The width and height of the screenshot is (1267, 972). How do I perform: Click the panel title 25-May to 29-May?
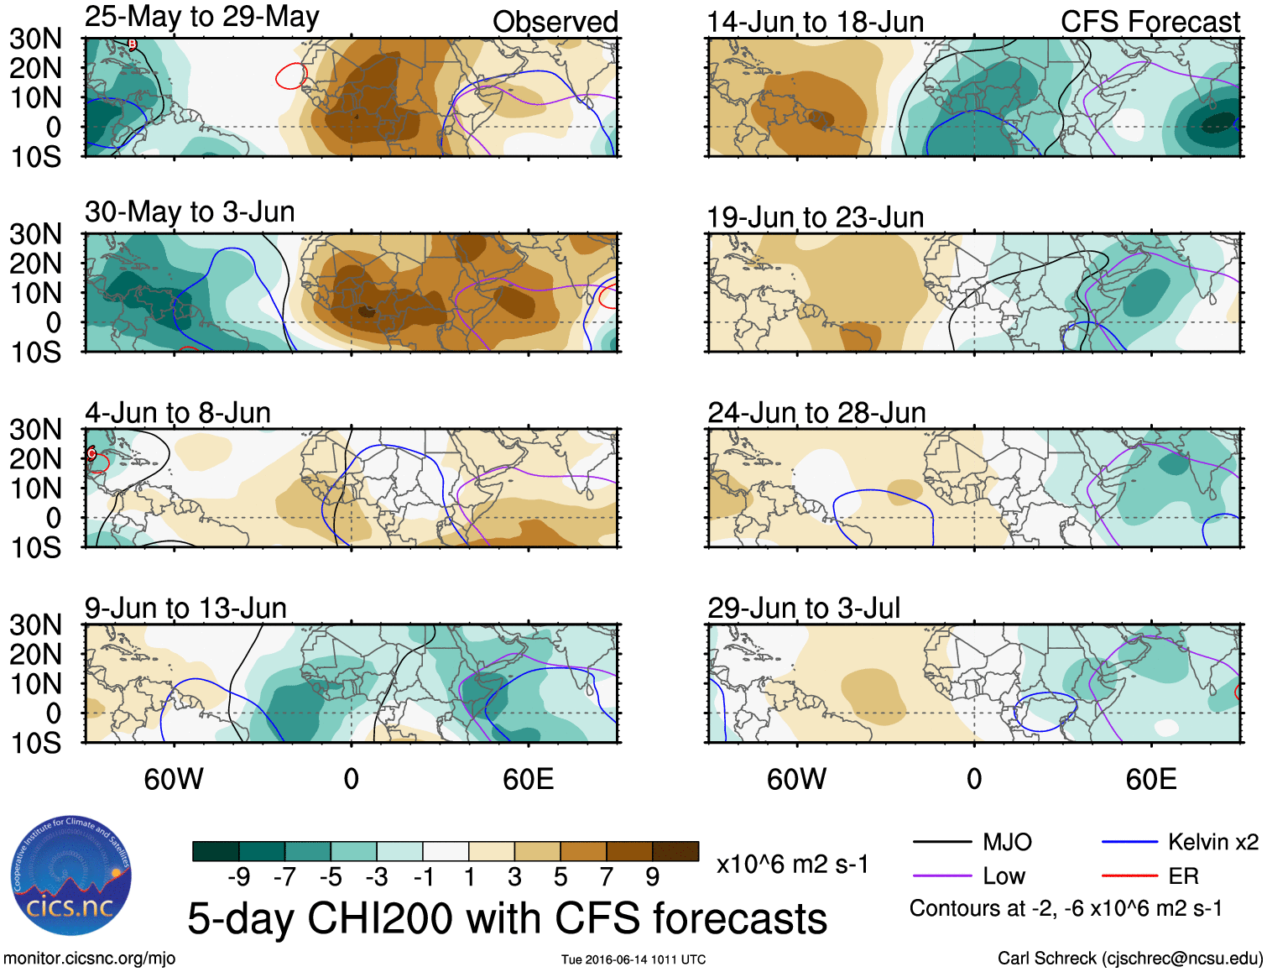point(201,17)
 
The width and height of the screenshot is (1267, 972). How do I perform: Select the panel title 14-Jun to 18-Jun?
point(815,22)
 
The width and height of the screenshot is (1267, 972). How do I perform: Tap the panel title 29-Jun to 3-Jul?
point(803,608)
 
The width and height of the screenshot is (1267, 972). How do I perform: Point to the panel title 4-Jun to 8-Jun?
point(177,413)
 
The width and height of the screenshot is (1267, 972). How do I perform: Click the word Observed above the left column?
point(555,22)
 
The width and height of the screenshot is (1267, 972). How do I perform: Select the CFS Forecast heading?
point(1150,22)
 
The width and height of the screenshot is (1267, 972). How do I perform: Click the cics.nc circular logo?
point(71,876)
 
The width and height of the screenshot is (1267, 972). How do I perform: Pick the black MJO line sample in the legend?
point(941,842)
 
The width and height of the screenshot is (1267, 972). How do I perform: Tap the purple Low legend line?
point(941,876)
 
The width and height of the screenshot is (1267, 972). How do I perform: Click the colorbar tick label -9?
point(238,877)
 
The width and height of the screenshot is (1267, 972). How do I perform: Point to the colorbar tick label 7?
point(606,877)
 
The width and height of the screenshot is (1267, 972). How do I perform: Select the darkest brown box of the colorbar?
point(675,851)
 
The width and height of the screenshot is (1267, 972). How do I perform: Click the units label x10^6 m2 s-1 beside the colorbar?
point(792,864)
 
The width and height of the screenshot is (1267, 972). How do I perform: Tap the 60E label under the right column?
point(1150,780)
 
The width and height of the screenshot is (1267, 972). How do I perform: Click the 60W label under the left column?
point(174,780)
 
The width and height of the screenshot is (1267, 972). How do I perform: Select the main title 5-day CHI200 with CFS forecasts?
point(507,918)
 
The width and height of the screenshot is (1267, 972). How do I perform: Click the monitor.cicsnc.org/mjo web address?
point(89,959)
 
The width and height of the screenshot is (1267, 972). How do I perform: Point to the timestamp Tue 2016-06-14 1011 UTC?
point(633,959)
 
